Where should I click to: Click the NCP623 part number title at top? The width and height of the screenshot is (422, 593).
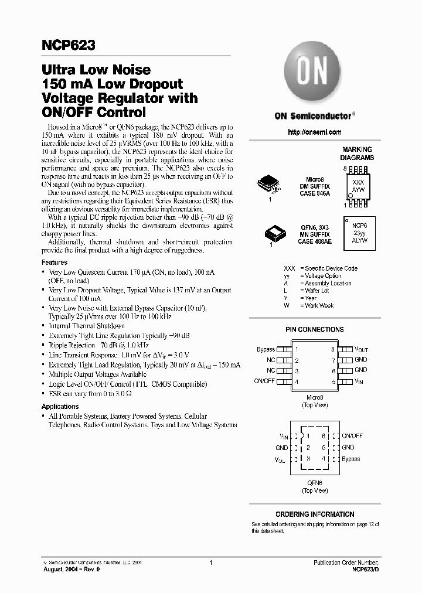(x=68, y=45)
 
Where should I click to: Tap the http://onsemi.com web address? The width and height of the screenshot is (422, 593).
(x=314, y=132)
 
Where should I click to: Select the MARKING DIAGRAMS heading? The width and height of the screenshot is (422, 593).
(x=357, y=154)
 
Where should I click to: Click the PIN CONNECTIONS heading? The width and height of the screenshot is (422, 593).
(x=314, y=329)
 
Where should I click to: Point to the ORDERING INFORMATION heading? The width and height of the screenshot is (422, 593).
(x=315, y=514)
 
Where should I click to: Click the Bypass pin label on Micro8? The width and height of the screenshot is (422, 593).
(x=266, y=349)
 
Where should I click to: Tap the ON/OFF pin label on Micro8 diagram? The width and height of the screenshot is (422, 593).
(x=264, y=381)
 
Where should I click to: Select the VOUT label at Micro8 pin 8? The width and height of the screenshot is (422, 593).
(x=361, y=349)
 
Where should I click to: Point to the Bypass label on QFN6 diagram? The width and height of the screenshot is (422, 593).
(x=350, y=459)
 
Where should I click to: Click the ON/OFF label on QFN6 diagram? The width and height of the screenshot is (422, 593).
(x=352, y=436)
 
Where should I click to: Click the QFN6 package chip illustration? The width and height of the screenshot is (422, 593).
(x=276, y=234)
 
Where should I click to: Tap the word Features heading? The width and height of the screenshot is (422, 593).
(x=55, y=263)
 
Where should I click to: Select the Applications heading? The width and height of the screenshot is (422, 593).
(x=60, y=406)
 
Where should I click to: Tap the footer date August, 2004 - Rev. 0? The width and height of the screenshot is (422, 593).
(x=67, y=569)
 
